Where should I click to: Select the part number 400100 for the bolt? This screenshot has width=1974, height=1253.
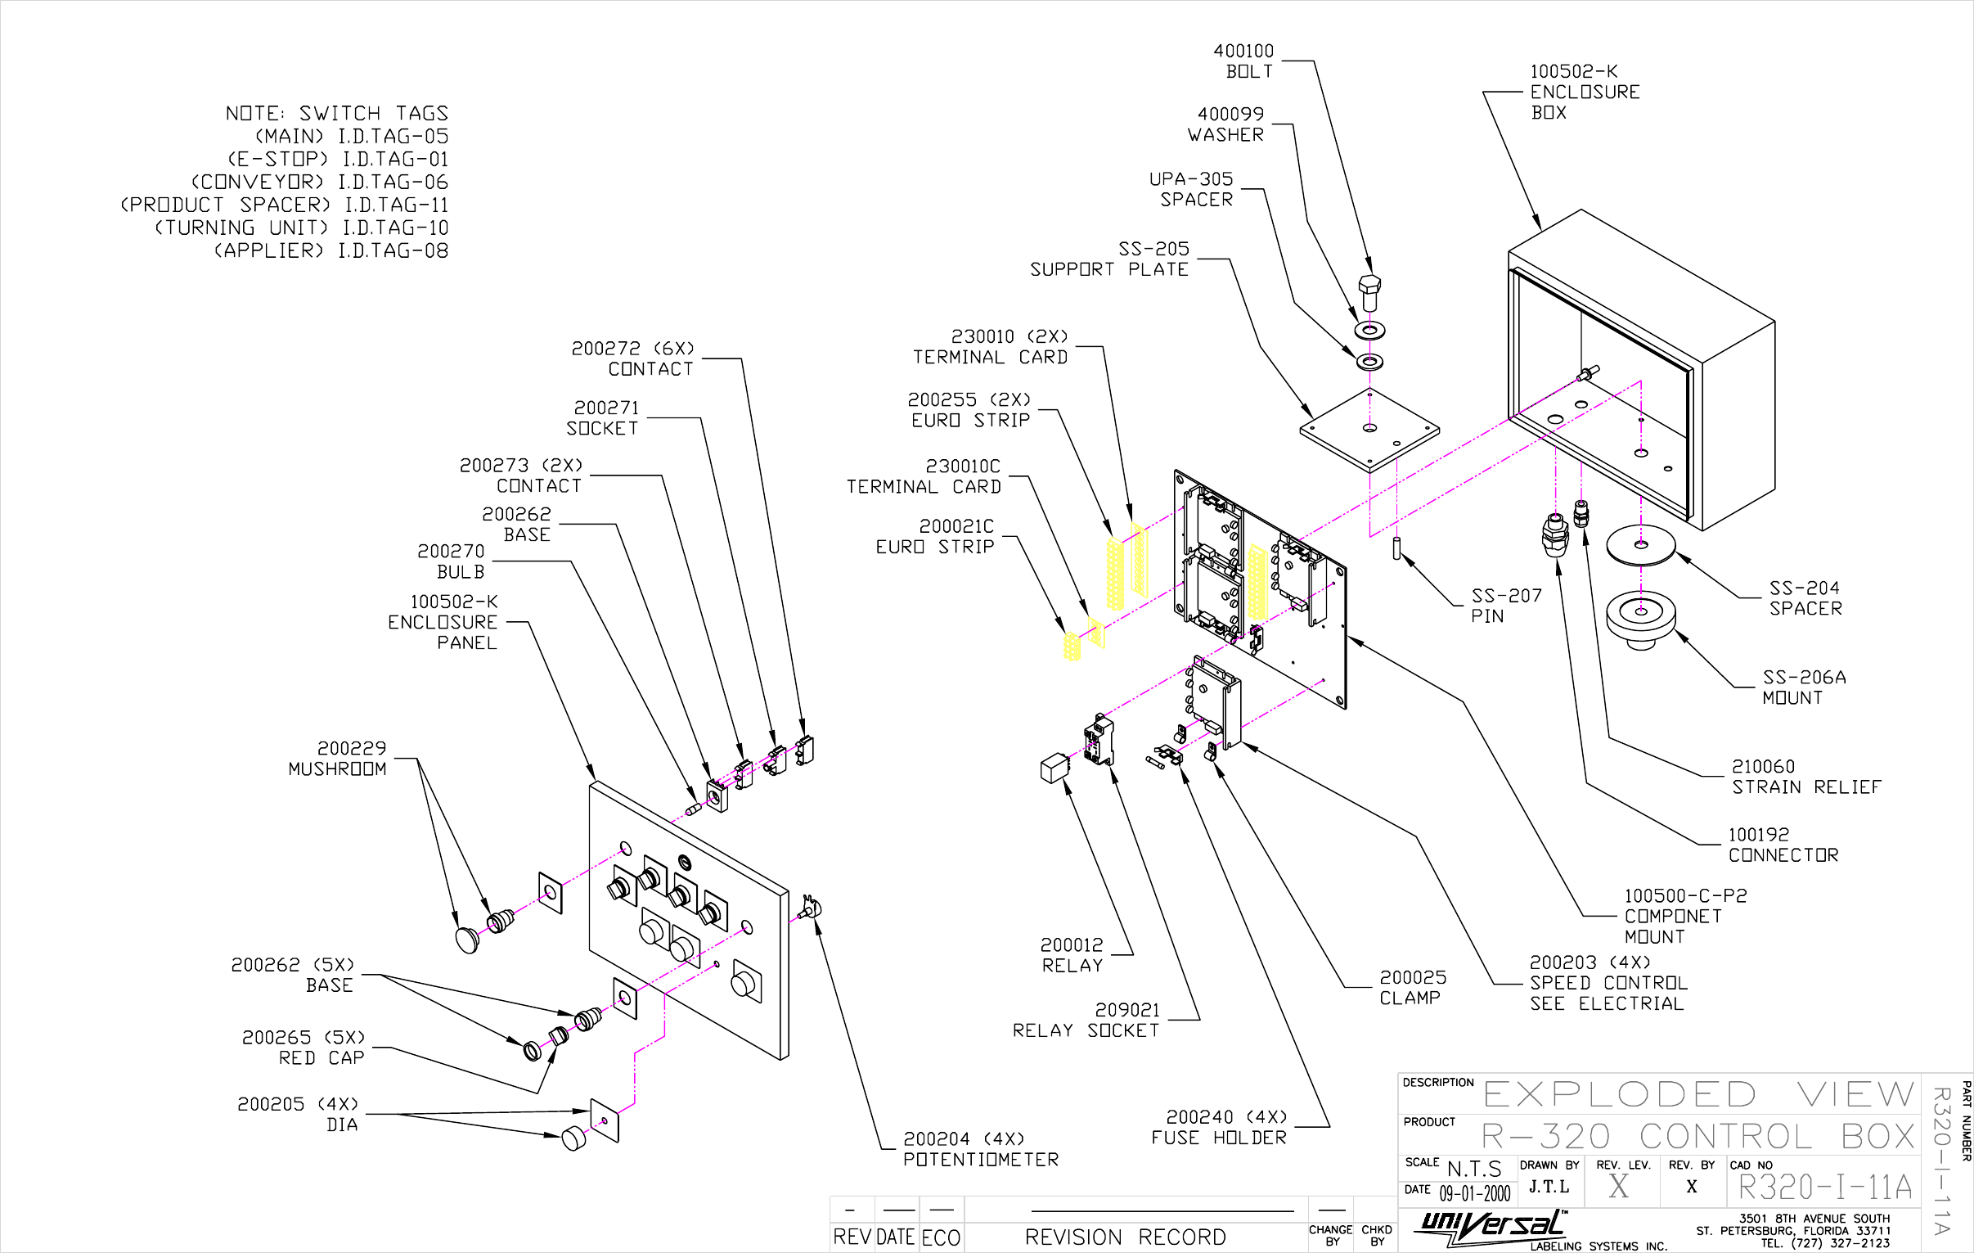[x=1243, y=51]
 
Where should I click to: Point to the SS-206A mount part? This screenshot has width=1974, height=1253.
[x=1640, y=617]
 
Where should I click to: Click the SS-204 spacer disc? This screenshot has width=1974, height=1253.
[x=1640, y=545]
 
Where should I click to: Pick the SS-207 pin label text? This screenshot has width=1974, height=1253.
[x=1505, y=606]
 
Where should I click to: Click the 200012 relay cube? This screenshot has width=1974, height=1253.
[x=1054, y=768]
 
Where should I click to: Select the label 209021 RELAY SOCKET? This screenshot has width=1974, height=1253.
[x=1086, y=1020]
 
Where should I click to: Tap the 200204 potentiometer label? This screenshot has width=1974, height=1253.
[x=980, y=1149]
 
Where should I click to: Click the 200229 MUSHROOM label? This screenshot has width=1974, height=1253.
[x=337, y=759]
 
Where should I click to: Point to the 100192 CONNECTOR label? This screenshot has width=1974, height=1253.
[x=1783, y=845]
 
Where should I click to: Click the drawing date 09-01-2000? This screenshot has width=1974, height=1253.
[x=1475, y=1193]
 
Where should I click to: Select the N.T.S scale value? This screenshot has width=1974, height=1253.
[x=1474, y=1169]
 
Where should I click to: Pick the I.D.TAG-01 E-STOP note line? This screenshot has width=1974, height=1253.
[x=338, y=159]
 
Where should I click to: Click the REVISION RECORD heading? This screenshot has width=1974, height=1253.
[x=1125, y=1237]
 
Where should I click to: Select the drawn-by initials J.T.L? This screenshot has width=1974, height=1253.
[x=1549, y=1187]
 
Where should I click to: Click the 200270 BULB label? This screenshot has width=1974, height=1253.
[x=451, y=561]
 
